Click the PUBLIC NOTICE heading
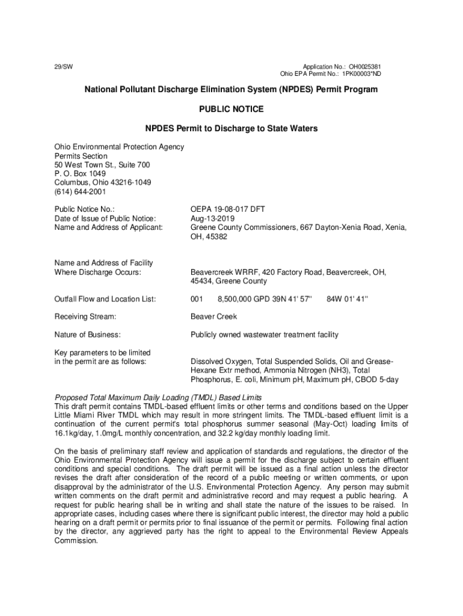point(231,109)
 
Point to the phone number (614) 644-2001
point(80,192)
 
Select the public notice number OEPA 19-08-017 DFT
point(227,209)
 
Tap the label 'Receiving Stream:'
point(85,316)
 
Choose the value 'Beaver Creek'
point(213,316)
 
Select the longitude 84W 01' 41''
point(347,299)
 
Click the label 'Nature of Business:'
point(87,334)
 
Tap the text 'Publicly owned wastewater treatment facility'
point(265,334)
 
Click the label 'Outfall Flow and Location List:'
point(105,299)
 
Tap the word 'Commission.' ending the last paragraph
point(75,540)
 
